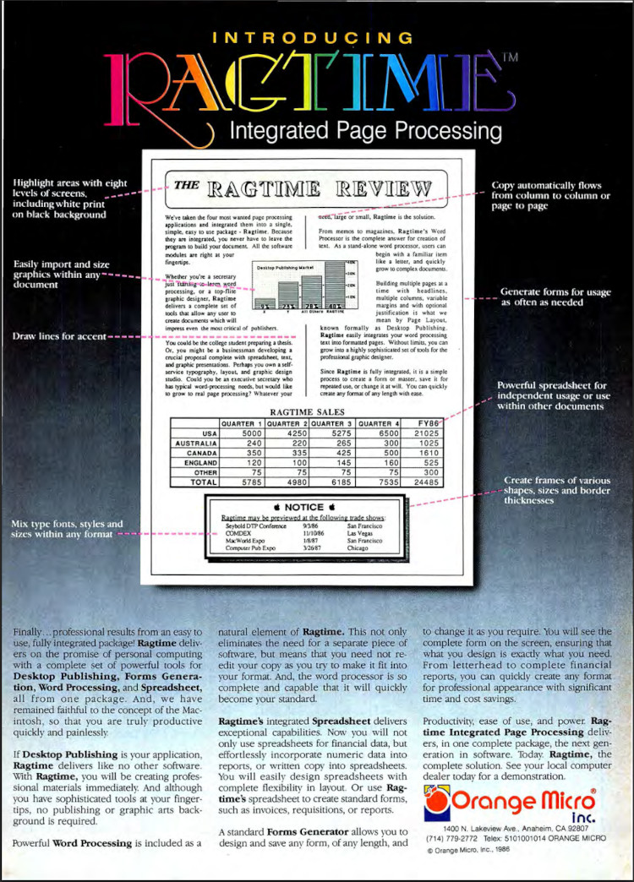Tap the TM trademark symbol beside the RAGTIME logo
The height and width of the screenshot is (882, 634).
pyautogui.click(x=511, y=58)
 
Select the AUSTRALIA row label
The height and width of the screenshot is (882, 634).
pyautogui.click(x=194, y=443)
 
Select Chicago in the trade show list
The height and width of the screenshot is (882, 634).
pyautogui.click(x=359, y=549)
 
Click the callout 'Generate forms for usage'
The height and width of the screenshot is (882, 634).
pyautogui.click(x=555, y=297)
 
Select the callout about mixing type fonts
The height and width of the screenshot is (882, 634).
pyautogui.click(x=66, y=529)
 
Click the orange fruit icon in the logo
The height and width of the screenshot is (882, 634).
pyautogui.click(x=437, y=797)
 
